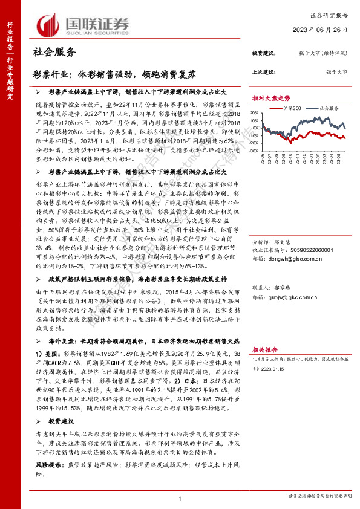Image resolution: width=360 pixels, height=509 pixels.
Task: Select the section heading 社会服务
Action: pos(53,53)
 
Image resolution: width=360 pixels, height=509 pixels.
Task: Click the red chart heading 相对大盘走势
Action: pos(271,98)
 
